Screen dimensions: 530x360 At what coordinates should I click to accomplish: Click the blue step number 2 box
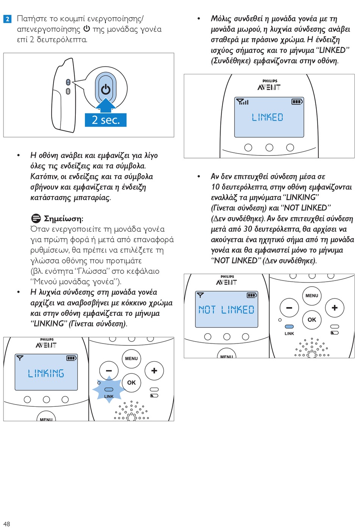(8, 19)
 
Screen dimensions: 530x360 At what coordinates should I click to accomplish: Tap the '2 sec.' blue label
(106, 120)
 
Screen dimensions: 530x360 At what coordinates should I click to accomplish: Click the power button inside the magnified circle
(106, 89)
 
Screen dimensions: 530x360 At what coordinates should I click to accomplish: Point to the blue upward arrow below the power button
(106, 105)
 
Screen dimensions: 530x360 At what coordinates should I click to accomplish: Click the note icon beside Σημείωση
(36, 218)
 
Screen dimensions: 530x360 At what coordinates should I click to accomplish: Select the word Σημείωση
(63, 218)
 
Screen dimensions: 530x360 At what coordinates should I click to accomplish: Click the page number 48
(6, 524)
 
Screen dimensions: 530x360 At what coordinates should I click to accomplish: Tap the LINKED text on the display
(268, 117)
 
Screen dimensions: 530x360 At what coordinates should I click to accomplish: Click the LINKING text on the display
(46, 373)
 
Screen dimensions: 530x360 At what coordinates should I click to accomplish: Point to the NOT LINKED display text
(226, 310)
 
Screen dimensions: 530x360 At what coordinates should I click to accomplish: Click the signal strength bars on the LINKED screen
(243, 102)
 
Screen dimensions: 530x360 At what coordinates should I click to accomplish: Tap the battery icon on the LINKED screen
(297, 102)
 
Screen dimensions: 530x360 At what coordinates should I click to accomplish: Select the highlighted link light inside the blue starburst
(109, 389)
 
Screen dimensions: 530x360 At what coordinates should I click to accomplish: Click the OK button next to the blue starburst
(131, 383)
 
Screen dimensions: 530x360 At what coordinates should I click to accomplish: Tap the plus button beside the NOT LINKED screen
(334, 308)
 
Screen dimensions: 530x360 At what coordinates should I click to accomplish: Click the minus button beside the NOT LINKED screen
(289, 308)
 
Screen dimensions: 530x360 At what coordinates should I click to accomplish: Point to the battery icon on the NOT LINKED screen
(252, 295)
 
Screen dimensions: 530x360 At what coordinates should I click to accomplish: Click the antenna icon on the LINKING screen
(20, 358)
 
